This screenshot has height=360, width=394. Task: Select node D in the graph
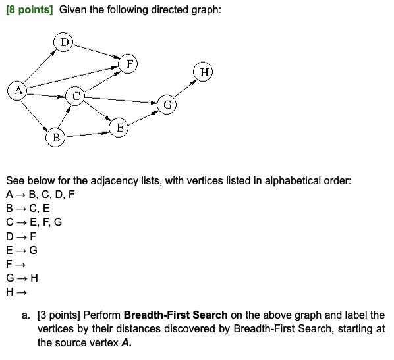[64, 43]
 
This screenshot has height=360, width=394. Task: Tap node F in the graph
[130, 64]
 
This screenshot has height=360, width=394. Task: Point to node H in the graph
[204, 72]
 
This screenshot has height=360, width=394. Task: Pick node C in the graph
[76, 97]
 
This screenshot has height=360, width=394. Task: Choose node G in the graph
[167, 104]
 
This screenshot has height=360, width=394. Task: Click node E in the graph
[119, 128]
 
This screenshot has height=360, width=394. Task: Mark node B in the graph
[56, 138]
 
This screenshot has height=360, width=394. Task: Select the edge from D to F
[98, 53]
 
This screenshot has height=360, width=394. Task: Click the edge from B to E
[88, 134]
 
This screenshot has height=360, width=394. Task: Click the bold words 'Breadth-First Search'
[175, 315]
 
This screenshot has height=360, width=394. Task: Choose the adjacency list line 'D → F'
[21, 236]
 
